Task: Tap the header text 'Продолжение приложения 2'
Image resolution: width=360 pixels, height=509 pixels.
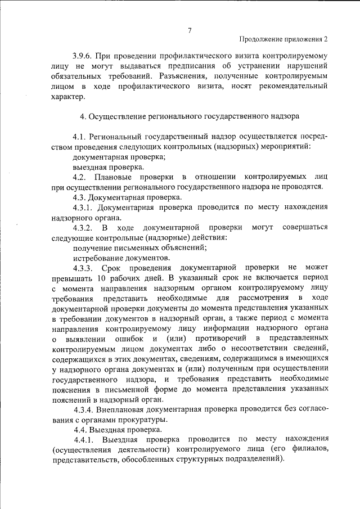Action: [x=283, y=40]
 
